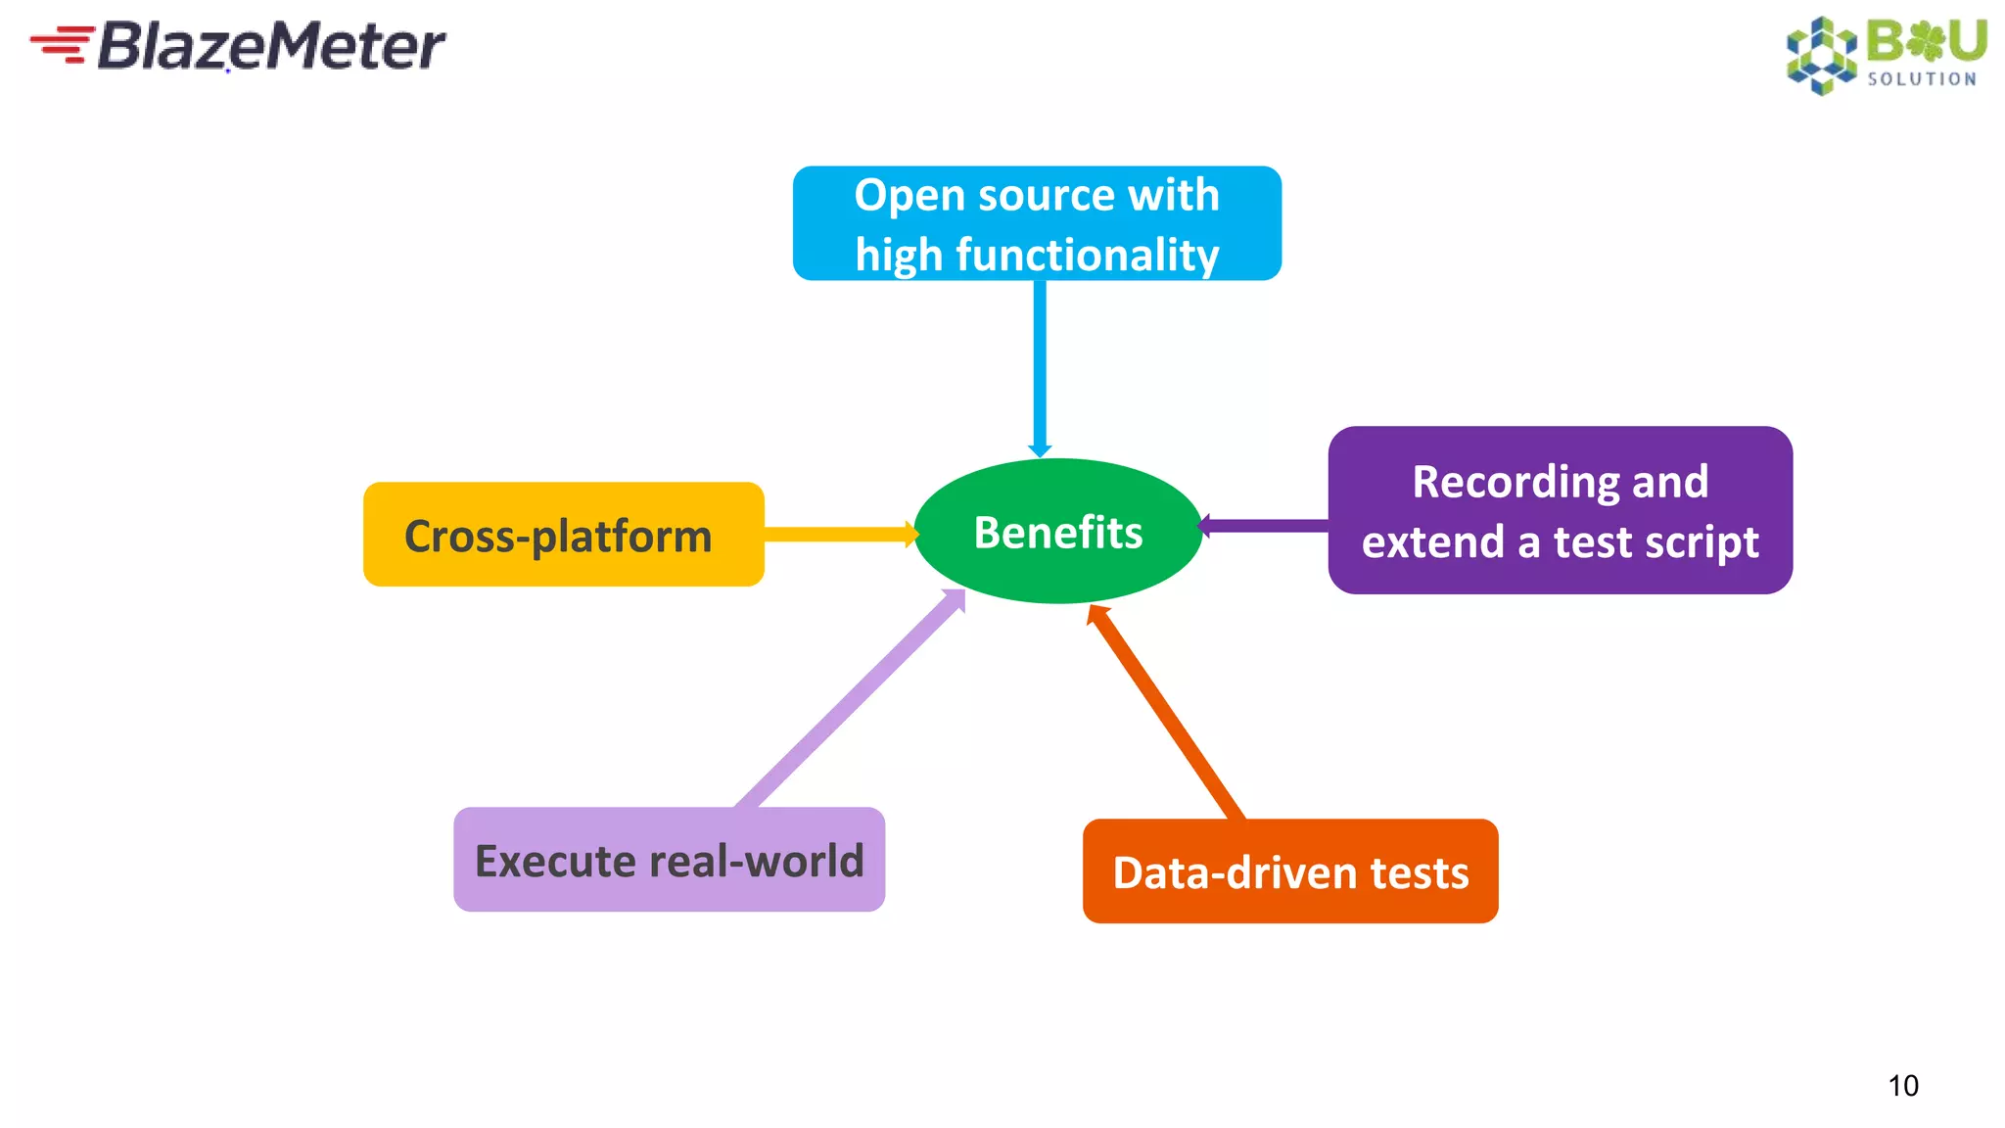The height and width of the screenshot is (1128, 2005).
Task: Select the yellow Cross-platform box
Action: click(x=563, y=535)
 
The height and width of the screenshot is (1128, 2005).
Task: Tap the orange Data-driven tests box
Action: click(x=1290, y=871)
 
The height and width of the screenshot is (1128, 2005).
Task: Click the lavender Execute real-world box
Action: click(x=669, y=860)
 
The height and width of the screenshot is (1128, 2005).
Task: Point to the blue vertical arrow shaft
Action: click(x=1040, y=362)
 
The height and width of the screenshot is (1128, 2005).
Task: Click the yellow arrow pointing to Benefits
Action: click(x=837, y=534)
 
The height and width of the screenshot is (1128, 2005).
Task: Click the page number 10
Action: click(x=1902, y=1085)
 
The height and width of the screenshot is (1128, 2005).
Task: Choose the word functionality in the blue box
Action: click(x=1087, y=255)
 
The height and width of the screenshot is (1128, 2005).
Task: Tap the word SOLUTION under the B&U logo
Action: click(x=1921, y=79)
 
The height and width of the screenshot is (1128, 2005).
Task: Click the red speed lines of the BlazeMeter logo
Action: click(x=62, y=44)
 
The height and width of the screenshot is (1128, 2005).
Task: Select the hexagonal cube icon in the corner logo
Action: click(x=1821, y=55)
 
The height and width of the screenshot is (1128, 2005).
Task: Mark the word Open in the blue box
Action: click(x=909, y=195)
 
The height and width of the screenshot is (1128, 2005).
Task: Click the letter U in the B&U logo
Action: click(x=1966, y=41)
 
